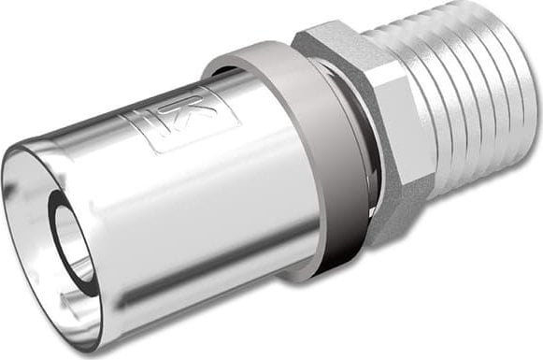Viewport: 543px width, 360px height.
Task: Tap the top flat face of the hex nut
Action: point(332,42)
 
